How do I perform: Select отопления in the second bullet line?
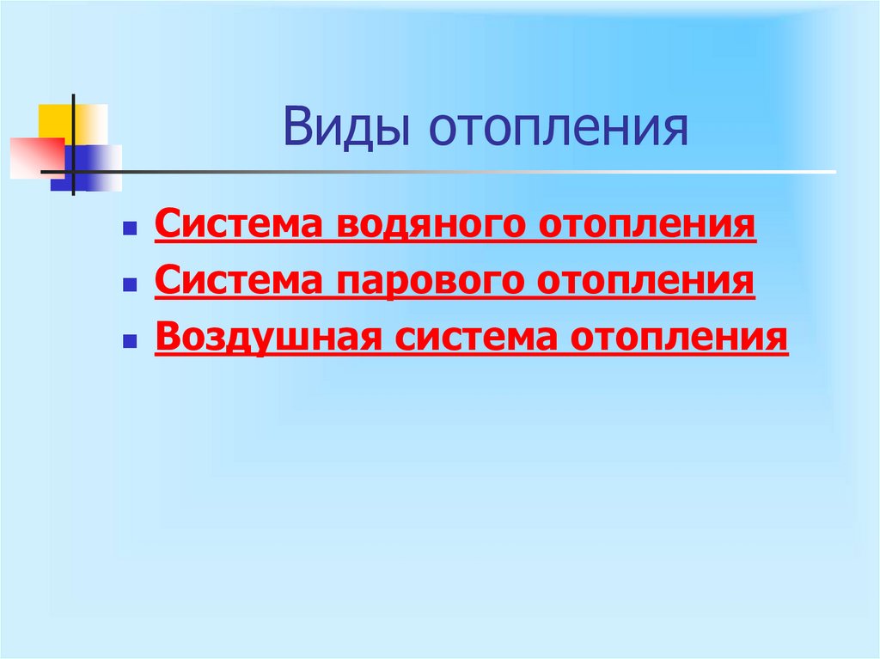(x=646, y=280)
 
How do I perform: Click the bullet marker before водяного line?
(x=128, y=230)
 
